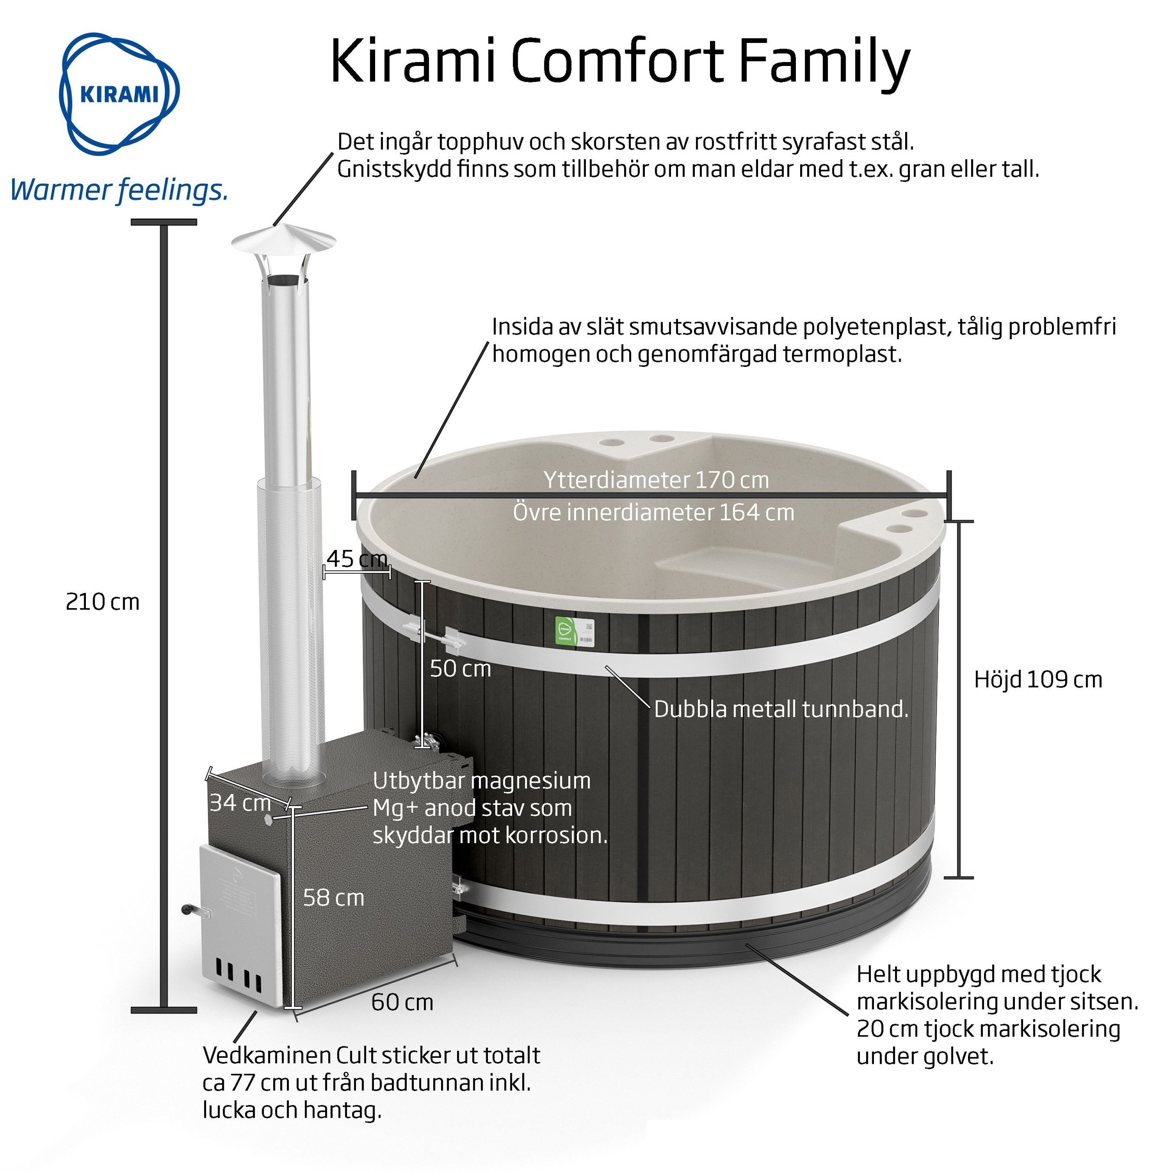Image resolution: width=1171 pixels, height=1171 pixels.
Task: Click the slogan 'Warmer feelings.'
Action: tap(119, 190)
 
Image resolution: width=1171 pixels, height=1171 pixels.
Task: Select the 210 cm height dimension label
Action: tap(102, 602)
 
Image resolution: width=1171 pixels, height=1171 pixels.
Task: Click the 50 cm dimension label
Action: tap(460, 668)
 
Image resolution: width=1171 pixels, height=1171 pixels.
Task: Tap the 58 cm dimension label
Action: tap(334, 898)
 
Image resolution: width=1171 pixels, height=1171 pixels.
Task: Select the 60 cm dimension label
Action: tap(402, 1002)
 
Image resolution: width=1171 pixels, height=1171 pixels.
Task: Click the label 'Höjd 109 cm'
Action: tap(1038, 680)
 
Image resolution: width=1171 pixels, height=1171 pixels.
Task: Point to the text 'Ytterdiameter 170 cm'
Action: tap(656, 480)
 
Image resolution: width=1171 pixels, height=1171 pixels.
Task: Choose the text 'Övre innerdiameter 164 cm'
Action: tap(654, 513)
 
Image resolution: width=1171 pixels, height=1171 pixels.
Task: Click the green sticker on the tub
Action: tap(565, 631)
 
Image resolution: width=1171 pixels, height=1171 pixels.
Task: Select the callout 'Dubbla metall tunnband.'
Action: tap(781, 709)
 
